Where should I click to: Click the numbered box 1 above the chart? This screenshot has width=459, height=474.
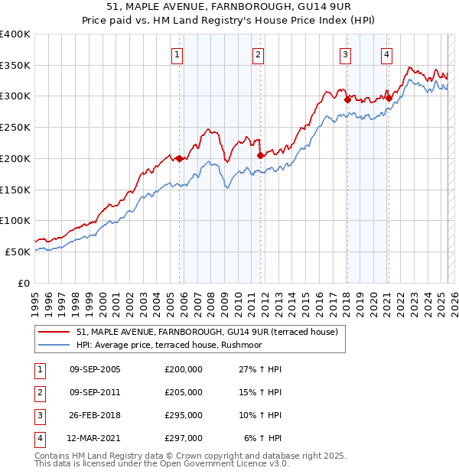[177, 54]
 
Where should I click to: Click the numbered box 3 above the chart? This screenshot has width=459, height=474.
[346, 54]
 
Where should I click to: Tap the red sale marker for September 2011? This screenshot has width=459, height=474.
[260, 155]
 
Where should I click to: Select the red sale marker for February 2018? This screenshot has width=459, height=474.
[347, 99]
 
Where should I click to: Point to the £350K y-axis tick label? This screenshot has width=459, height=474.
[15, 66]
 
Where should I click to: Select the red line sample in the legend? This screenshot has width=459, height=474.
[54, 332]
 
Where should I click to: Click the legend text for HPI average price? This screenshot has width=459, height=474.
[168, 345]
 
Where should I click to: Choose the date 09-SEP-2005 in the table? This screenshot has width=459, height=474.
[95, 369]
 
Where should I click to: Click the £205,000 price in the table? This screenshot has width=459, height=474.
[184, 392]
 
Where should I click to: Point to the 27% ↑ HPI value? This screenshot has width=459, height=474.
[261, 369]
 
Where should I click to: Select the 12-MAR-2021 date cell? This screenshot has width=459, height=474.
[94, 438]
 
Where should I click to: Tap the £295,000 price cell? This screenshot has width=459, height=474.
[184, 415]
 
